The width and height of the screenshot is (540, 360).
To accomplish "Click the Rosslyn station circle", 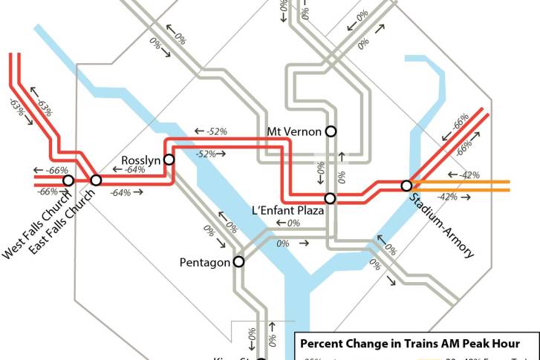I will pyautogui.click(x=169, y=159).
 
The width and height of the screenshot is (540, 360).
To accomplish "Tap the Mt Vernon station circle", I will pyautogui.click(x=331, y=131).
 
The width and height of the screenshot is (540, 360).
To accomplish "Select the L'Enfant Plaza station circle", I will pyautogui.click(x=331, y=198).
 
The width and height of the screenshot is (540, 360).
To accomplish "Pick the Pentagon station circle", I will pyautogui.click(x=239, y=261).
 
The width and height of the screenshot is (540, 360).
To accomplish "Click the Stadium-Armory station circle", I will pyautogui.click(x=406, y=185).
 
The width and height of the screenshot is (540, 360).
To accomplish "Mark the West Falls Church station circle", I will pyautogui.click(x=68, y=180).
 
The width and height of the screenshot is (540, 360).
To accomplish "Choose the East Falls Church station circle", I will pyautogui.click(x=96, y=180).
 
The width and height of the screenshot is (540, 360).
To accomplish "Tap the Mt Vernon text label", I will pyautogui.click(x=294, y=132).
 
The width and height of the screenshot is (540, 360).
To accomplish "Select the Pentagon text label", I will pyautogui.click(x=206, y=263).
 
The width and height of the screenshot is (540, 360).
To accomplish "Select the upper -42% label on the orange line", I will pyautogui.click(x=468, y=175).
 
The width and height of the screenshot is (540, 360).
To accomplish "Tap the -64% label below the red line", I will pyautogui.click(x=120, y=193).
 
